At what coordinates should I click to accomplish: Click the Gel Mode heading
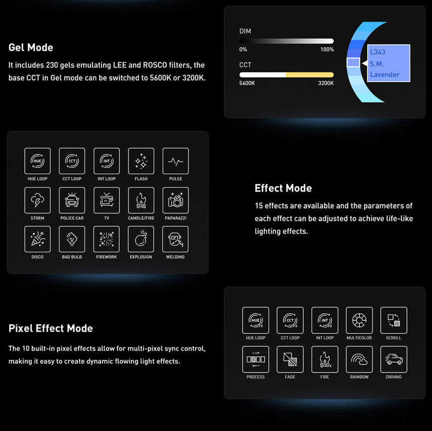pos(31,48)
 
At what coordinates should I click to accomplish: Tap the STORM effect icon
pos(37,200)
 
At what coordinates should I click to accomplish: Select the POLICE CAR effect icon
pos(72,200)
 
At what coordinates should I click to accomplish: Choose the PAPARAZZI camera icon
pos(175,200)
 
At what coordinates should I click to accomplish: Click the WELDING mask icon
pos(175,239)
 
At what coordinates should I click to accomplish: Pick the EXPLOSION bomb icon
pos(141,239)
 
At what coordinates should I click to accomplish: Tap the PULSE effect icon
pos(175,161)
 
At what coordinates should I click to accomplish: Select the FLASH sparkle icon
pos(141,161)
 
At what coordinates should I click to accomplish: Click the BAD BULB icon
pos(72,239)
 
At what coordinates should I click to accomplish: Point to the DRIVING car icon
pos(394,359)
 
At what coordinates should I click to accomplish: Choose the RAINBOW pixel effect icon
pos(359,359)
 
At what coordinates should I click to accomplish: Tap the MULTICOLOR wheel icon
pos(359,320)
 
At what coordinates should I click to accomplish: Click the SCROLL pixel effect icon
pos(394,320)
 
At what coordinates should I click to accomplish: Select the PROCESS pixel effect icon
pos(255,359)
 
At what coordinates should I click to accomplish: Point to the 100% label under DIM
pos(327,50)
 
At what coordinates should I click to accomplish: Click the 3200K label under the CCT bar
pos(326,83)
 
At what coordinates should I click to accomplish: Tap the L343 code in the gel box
pos(377,52)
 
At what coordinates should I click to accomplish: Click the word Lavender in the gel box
pos(384,75)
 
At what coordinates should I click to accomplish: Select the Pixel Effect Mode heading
pos(51,328)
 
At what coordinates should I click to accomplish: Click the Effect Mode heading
pos(283,188)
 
